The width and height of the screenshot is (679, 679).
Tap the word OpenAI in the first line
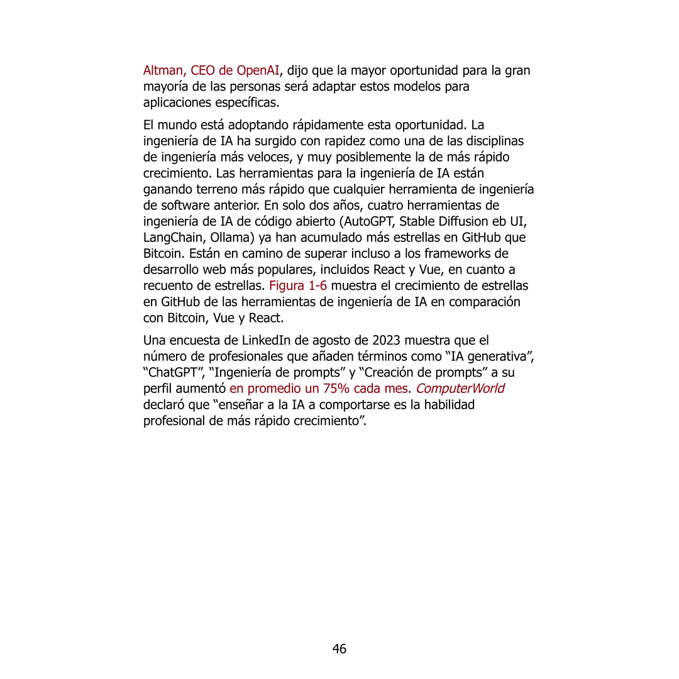click(x=258, y=70)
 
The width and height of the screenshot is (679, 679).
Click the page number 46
click(x=339, y=649)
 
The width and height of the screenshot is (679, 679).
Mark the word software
click(x=182, y=206)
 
